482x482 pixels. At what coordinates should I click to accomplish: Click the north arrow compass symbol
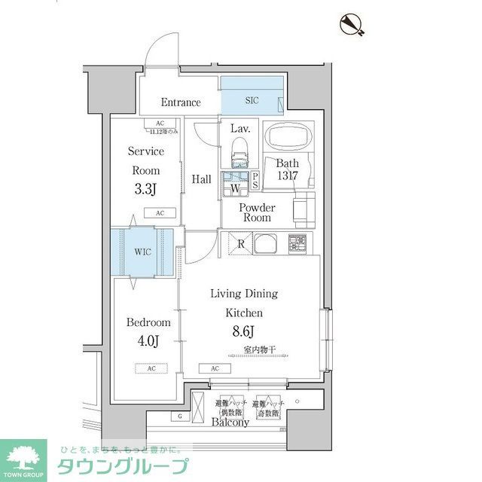tap(351, 24)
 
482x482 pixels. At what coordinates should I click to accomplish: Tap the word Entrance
tap(181, 102)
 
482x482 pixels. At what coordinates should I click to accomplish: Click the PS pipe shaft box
tap(255, 182)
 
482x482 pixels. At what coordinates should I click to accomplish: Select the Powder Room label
tap(257, 212)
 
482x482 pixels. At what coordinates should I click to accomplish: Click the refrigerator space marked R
tap(239, 243)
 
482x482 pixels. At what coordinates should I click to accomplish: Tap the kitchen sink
tap(267, 244)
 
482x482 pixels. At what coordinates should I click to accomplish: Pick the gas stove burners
tap(297, 244)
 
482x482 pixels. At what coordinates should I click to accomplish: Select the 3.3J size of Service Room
tap(145, 190)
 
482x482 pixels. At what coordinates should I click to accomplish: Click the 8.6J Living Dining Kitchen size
tap(244, 331)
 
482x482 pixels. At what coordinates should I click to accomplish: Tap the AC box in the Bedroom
tap(151, 368)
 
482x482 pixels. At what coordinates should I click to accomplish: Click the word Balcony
tap(229, 423)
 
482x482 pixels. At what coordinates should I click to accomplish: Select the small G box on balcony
tap(179, 416)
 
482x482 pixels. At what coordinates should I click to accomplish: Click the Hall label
tap(201, 179)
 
